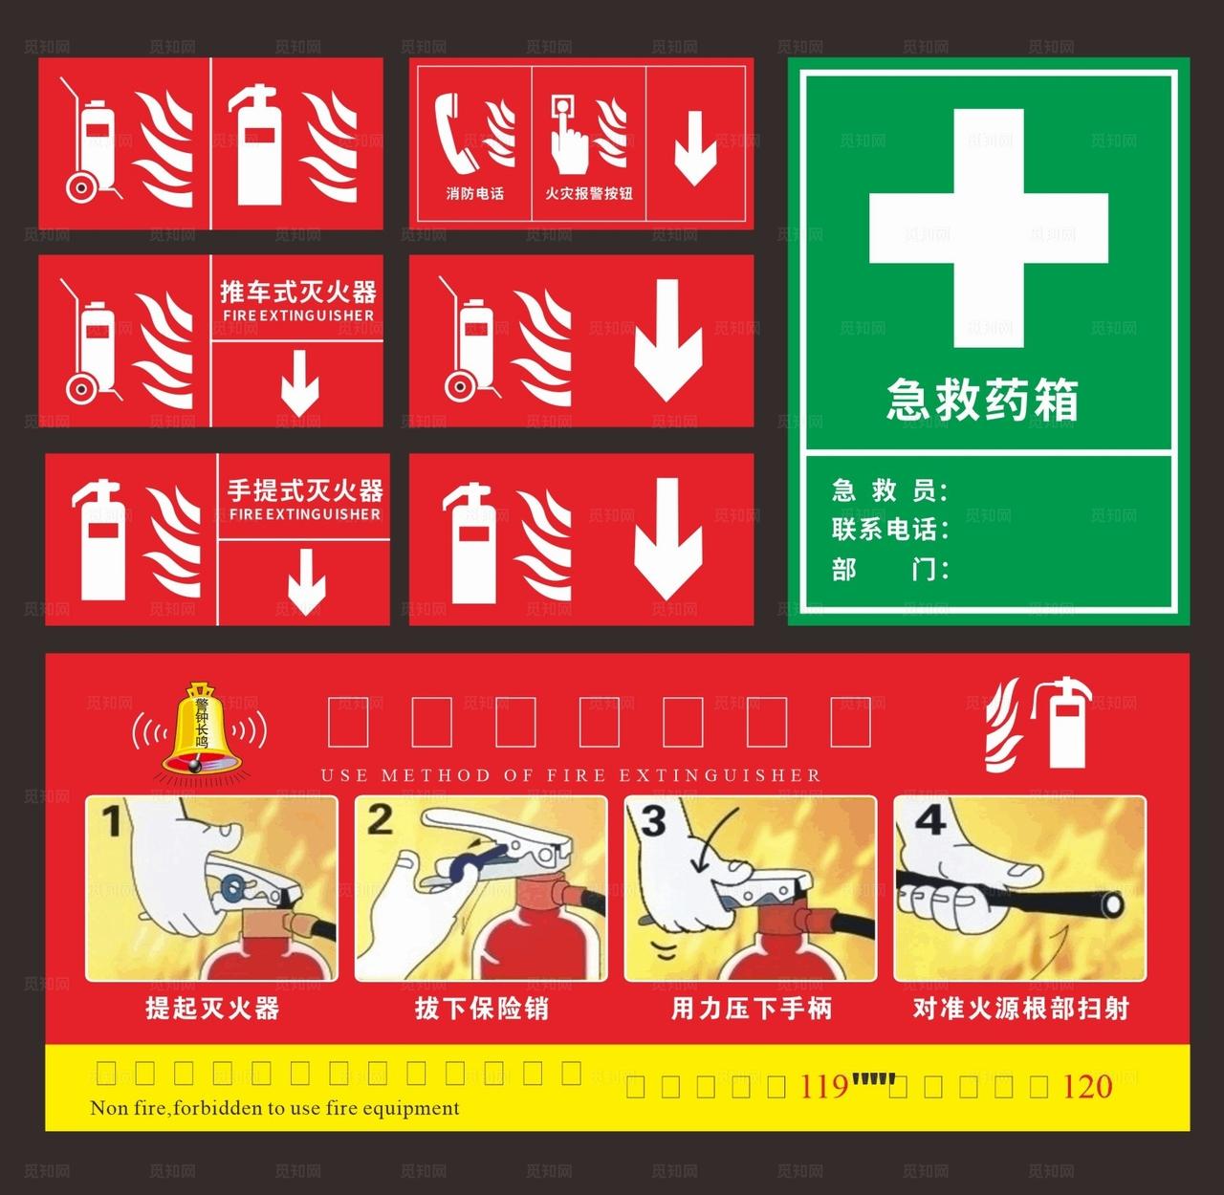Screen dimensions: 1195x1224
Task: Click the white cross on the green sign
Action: (989, 228)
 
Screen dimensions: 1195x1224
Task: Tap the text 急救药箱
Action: (982, 400)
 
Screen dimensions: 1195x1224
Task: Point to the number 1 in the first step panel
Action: (112, 820)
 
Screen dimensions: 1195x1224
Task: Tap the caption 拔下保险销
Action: (481, 1009)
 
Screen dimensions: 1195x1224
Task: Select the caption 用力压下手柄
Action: (752, 1009)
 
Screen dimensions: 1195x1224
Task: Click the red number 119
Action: (823, 1087)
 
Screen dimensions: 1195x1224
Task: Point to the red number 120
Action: (1087, 1087)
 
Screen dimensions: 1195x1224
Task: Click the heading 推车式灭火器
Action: (297, 292)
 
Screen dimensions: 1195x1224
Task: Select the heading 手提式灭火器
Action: (304, 491)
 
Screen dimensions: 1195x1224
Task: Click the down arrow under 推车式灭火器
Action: (300, 382)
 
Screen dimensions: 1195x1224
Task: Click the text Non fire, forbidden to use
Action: (274, 1109)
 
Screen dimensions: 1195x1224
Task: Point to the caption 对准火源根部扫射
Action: (1020, 1009)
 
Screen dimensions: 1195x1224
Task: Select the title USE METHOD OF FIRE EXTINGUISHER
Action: (571, 775)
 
